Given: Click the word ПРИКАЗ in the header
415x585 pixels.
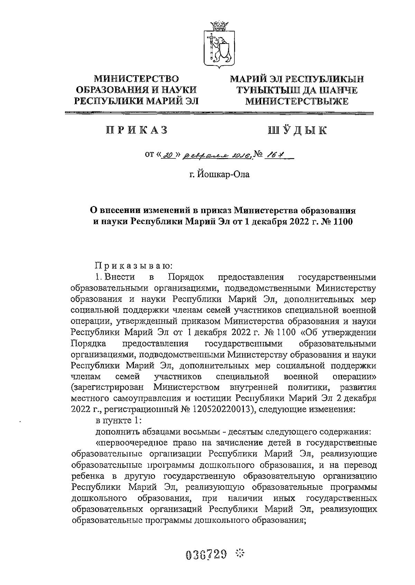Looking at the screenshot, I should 137,130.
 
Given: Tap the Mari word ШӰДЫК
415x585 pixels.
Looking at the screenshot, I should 297,130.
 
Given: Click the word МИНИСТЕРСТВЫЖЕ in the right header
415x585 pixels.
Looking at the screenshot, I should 297,101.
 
